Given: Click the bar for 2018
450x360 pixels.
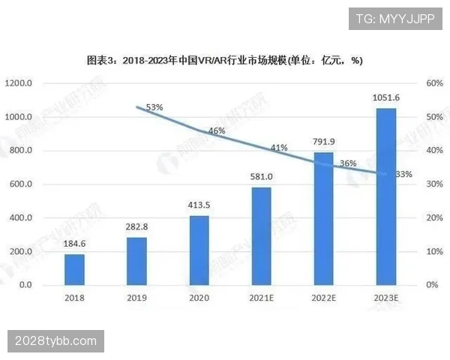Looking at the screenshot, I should [x=74, y=270].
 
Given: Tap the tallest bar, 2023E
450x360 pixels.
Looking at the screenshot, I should [x=386, y=196].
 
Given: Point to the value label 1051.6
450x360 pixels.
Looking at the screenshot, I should [x=386, y=98].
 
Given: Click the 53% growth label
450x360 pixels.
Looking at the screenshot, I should [x=154, y=108].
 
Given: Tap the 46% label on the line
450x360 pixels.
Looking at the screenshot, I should [x=217, y=131].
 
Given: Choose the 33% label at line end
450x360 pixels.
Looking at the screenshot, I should [x=403, y=174].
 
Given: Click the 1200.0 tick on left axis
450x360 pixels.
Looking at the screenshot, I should [x=18, y=83].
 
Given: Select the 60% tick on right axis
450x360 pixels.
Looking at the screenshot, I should [x=436, y=83].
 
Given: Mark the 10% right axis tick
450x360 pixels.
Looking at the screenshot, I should [x=436, y=252].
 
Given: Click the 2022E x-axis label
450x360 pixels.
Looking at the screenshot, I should [x=323, y=298].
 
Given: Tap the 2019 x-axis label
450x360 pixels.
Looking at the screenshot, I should [x=136, y=298].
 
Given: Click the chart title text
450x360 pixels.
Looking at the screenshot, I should [x=225, y=59].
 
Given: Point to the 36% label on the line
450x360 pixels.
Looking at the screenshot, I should [x=347, y=163].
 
